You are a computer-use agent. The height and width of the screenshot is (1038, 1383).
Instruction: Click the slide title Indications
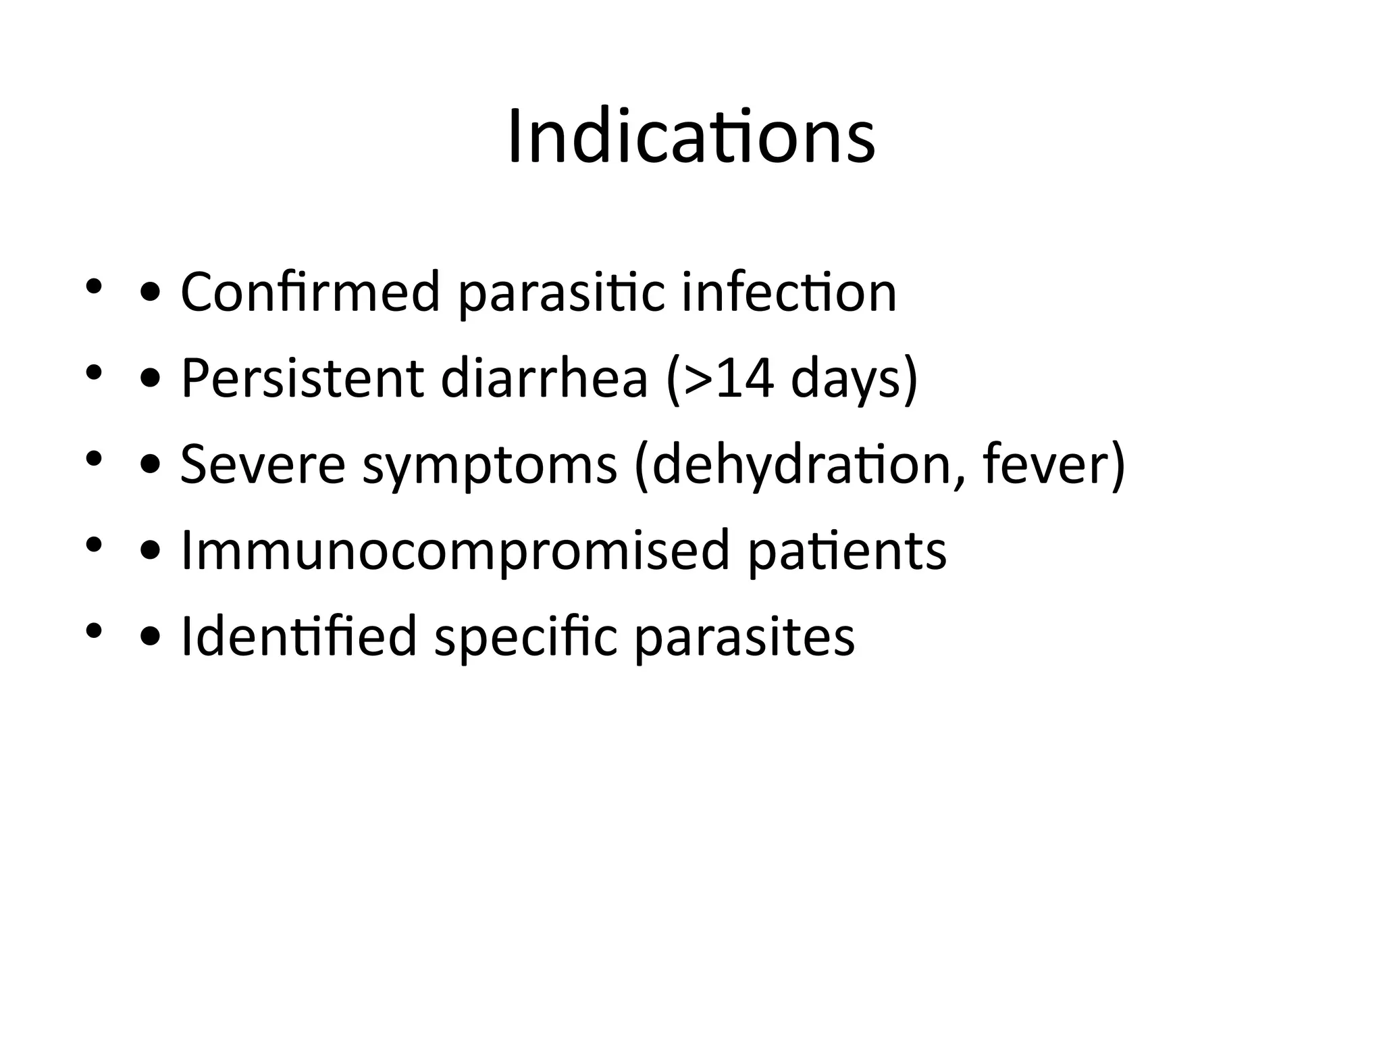pyautogui.click(x=691, y=137)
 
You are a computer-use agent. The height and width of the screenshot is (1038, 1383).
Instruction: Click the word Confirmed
pyautogui.click(x=310, y=292)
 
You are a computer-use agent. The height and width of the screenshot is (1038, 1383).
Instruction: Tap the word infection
pyautogui.click(x=789, y=292)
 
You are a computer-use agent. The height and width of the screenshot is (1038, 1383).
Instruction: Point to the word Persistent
pyautogui.click(x=302, y=378)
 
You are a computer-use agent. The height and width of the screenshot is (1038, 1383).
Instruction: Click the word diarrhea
pyautogui.click(x=544, y=378)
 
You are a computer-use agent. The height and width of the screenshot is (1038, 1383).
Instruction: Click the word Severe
pyautogui.click(x=263, y=464)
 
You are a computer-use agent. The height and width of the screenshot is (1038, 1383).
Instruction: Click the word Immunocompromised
pyautogui.click(x=456, y=551)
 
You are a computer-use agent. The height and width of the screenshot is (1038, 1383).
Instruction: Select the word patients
pyautogui.click(x=847, y=551)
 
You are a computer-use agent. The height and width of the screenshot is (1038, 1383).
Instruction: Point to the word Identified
pyautogui.click(x=299, y=637)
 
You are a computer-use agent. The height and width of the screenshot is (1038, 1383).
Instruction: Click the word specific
pyautogui.click(x=525, y=638)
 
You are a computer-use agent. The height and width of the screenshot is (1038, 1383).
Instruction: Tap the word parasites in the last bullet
pyautogui.click(x=744, y=638)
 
